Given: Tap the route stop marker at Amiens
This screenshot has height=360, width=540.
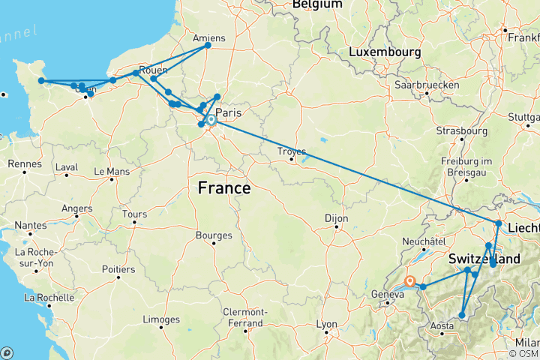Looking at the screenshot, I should coord(208,46).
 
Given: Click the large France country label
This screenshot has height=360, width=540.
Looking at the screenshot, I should coord(224,188).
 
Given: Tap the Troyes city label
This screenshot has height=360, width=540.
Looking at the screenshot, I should coord(292,151).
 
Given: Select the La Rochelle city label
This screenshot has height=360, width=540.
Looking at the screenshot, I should coord(50,298).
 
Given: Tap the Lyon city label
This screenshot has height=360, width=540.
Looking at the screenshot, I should coord(325,325).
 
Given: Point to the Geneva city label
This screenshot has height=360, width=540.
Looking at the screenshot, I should coord(388,293).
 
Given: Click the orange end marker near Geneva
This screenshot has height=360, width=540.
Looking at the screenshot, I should coord(410,281).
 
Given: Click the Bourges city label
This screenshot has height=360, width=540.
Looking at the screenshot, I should coord(214,235).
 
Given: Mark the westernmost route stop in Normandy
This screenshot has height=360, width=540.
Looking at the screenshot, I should coord(42,81).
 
